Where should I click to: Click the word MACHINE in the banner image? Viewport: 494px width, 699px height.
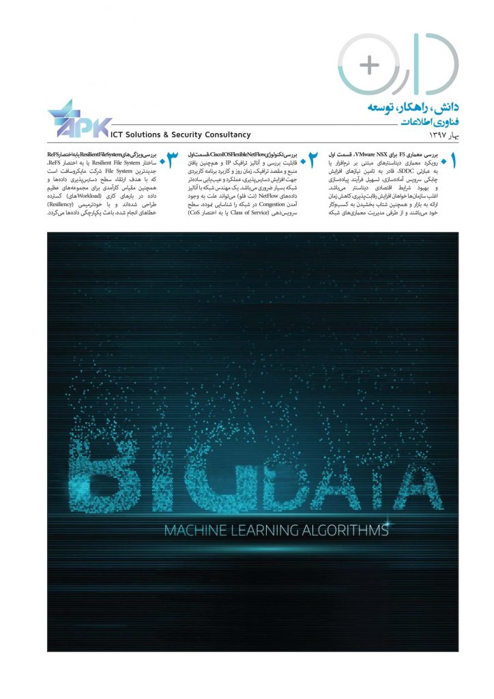194,530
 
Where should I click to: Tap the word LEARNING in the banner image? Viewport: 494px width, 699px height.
263,530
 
